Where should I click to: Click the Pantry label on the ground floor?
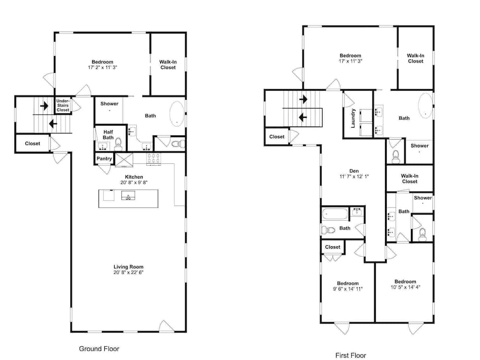point(104,158)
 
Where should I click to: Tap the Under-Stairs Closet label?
point(63,105)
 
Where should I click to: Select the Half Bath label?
point(108,135)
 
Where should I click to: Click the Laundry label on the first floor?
point(353,118)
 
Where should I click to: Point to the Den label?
point(354,171)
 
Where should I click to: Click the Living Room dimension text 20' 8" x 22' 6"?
point(128,273)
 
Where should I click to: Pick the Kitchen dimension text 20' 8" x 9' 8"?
point(134,182)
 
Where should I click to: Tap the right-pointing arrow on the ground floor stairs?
point(44,106)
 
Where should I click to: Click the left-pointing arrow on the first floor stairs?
point(303,117)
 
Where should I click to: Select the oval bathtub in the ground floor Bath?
point(177,114)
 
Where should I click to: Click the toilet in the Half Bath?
point(118,144)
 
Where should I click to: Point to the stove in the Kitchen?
point(154,159)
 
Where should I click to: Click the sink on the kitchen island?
point(128,195)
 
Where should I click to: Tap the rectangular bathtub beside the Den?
point(335,214)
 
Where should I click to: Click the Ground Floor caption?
point(99,348)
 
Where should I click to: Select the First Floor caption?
point(350,355)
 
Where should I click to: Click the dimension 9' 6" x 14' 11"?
point(348,288)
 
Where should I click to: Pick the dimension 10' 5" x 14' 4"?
point(405,287)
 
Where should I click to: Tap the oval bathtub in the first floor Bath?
point(425,105)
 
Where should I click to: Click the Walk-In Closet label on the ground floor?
point(168,65)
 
